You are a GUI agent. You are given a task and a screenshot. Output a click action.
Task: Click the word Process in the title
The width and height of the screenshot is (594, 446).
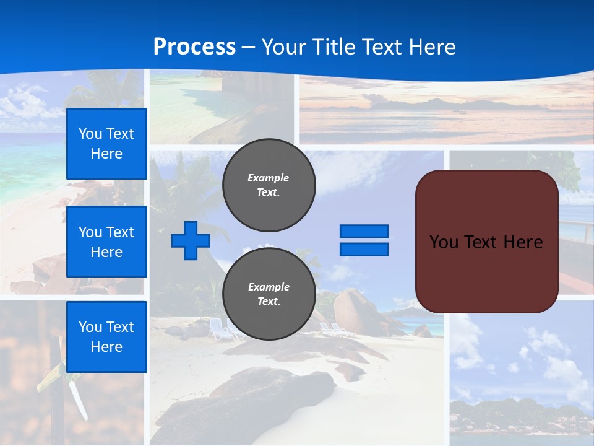pyautogui.click(x=194, y=47)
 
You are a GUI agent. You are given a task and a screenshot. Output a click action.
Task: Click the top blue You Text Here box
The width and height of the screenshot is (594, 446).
pyautogui.click(x=106, y=144)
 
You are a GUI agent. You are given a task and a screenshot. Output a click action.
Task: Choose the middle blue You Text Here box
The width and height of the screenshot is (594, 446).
pyautogui.click(x=106, y=242)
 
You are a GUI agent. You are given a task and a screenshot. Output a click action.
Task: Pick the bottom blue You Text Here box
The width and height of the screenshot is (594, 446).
pyautogui.click(x=106, y=337)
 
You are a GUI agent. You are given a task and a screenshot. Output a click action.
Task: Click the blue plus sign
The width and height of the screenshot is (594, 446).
pyautogui.click(x=191, y=240)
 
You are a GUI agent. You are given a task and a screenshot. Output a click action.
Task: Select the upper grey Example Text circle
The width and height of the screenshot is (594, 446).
pyautogui.click(x=269, y=185)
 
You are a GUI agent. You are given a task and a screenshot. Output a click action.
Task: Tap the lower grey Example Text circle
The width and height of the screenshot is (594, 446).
pyautogui.click(x=269, y=294)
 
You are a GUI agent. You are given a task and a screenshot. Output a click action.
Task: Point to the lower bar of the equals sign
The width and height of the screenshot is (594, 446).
pyautogui.click(x=364, y=249)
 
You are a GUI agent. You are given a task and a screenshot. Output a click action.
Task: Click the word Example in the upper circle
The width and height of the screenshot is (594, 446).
pyautogui.click(x=269, y=178)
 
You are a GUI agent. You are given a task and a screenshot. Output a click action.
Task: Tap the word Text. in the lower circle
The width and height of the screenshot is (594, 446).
pyautogui.click(x=269, y=302)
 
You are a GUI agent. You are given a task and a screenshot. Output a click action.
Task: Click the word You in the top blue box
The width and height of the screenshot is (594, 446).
pyautogui.click(x=90, y=134)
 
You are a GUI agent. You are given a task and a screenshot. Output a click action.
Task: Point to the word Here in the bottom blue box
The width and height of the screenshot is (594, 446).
pyautogui.click(x=106, y=347)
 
